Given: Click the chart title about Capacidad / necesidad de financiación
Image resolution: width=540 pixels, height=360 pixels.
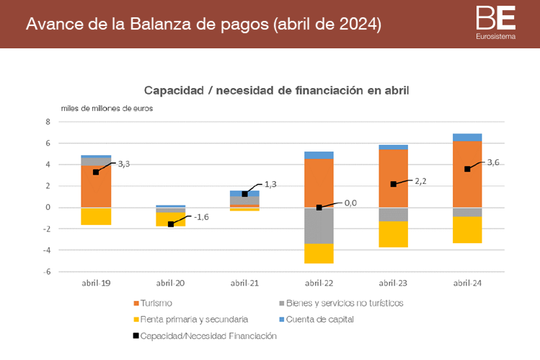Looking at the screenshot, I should pyautogui.click(x=276, y=91).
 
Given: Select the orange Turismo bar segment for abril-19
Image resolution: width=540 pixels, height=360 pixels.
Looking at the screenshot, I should pyautogui.click(x=96, y=186).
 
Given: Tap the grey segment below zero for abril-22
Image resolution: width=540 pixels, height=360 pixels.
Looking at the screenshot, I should pyautogui.click(x=319, y=225).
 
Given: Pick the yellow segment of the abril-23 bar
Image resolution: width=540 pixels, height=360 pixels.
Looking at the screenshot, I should pyautogui.click(x=393, y=234).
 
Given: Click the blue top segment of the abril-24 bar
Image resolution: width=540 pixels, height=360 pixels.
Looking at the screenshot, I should pyautogui.click(x=467, y=137).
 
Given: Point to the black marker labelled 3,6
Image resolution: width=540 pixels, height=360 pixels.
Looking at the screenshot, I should pyautogui.click(x=467, y=169).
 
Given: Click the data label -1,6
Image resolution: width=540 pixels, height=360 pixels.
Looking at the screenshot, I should pyautogui.click(x=201, y=216).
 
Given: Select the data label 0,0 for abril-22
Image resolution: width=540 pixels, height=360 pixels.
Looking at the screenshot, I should pyautogui.click(x=350, y=203).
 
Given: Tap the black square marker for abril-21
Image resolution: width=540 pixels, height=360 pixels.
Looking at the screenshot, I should pyautogui.click(x=244, y=193).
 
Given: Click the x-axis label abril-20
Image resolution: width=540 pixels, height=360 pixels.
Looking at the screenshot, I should pyautogui.click(x=170, y=284).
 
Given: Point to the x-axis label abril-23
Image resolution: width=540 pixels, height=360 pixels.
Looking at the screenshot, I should pyautogui.click(x=393, y=284).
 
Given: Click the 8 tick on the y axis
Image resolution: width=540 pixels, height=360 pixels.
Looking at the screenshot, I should pyautogui.click(x=48, y=122).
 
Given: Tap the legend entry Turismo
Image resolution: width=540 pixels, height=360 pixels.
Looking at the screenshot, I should pyautogui.click(x=156, y=303).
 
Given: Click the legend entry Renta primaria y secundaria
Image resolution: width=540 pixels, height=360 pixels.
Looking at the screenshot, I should pyautogui.click(x=193, y=319).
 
